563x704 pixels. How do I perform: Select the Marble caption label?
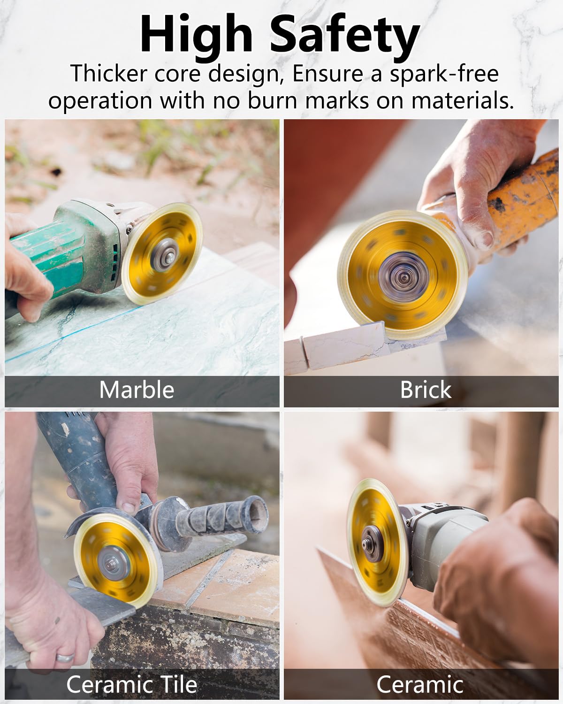(x=137, y=390)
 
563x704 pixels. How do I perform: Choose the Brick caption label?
(x=426, y=390)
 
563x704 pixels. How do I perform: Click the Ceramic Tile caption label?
(x=131, y=684)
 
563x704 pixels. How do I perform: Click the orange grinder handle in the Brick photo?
(x=521, y=197)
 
